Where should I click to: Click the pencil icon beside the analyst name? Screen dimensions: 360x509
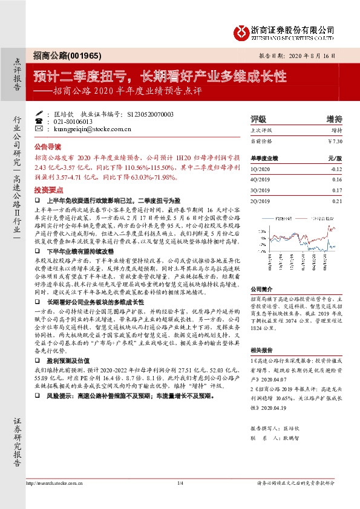[x=40, y=114]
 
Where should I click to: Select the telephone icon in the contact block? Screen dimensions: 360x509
[x=40, y=121]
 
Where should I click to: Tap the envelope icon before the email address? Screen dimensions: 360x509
[x=40, y=129]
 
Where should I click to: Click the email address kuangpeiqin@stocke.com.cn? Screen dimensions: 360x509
[x=90, y=129]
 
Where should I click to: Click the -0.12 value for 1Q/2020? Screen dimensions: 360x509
[x=337, y=170]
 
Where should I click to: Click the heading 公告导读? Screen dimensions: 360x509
[x=48, y=146]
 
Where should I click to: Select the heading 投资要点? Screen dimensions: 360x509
[x=48, y=189]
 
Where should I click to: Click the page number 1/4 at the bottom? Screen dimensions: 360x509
[x=180, y=499]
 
